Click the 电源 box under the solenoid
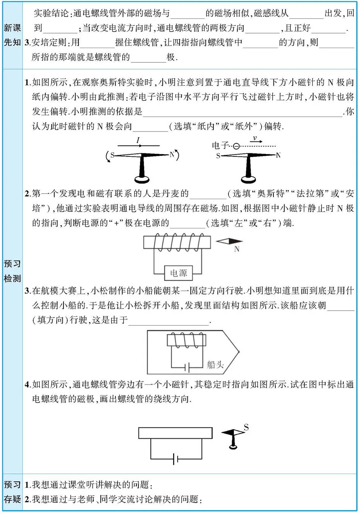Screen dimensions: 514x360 click(178, 273)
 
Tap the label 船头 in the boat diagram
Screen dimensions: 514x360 click(215, 364)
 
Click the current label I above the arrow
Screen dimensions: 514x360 click(138, 140)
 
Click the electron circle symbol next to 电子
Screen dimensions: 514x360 click(236, 146)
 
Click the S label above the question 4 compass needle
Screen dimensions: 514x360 click(246, 427)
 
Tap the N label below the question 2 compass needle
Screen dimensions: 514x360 click(237, 249)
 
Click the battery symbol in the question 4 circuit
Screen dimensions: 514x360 click(176, 459)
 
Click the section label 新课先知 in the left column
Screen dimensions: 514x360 click(12, 35)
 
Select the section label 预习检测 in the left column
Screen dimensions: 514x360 click(12, 271)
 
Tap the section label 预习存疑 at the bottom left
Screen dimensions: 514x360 click(12, 492)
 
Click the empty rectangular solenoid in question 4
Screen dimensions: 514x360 click(175, 433)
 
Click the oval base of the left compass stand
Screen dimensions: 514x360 click(142, 179)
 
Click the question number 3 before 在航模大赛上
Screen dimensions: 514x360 click(27, 291)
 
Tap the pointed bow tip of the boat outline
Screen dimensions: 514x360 click(239, 351)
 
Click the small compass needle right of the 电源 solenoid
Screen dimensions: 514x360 click(229, 241)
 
